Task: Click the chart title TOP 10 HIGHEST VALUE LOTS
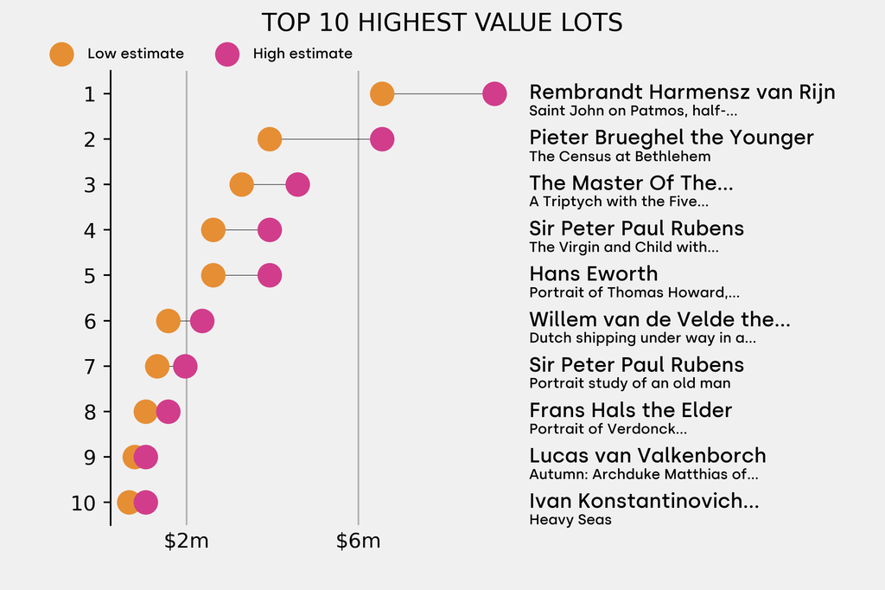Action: (x=442, y=22)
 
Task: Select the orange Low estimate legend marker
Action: (x=61, y=54)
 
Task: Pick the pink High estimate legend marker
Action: (x=227, y=54)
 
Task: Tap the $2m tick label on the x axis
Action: (x=187, y=542)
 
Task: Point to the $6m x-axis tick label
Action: (x=359, y=542)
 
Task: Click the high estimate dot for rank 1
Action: (x=494, y=93)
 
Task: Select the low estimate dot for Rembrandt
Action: (x=382, y=93)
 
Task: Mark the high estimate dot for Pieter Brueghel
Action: (x=382, y=139)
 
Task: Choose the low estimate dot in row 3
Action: (x=242, y=184)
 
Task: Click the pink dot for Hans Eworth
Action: (x=270, y=275)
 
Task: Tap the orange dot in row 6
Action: (x=169, y=321)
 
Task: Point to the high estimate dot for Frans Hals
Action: (x=169, y=411)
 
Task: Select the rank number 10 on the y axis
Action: (x=84, y=503)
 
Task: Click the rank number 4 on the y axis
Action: (x=90, y=230)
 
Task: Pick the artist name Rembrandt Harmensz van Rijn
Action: (x=682, y=92)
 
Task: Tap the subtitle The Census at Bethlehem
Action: (x=620, y=157)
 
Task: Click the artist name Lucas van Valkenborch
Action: (x=647, y=455)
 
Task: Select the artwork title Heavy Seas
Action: (x=570, y=520)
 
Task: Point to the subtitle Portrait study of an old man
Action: (x=630, y=383)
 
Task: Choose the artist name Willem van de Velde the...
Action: (x=659, y=319)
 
